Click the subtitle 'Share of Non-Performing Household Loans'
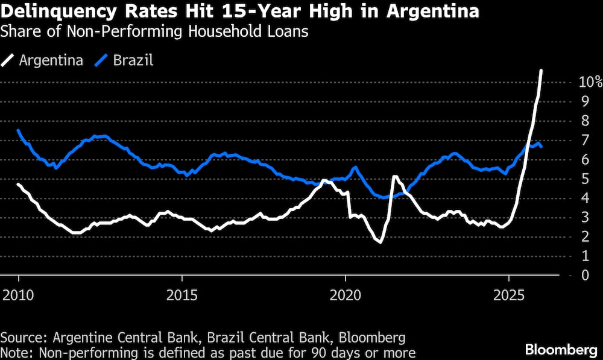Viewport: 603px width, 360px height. [x=154, y=32]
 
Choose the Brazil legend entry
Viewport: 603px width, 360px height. [x=125, y=60]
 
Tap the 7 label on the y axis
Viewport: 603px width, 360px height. [x=584, y=141]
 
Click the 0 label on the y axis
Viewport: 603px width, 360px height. [x=584, y=276]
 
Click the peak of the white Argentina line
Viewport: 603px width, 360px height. [x=541, y=71]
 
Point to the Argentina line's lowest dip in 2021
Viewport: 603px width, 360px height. [x=380, y=242]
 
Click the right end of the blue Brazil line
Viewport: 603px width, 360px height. [x=541, y=147]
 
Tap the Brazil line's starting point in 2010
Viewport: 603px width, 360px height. [x=18, y=130]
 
